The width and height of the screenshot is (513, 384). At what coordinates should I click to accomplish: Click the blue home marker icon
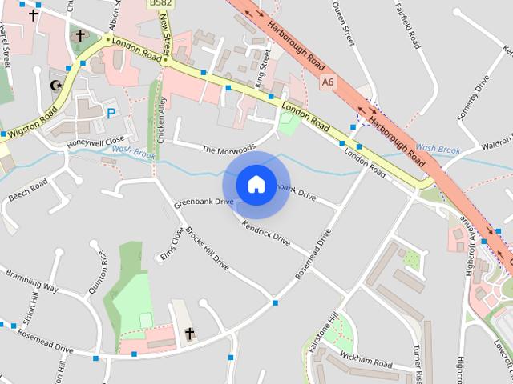coord(256,184)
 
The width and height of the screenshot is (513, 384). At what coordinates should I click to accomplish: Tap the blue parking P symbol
coord(111,113)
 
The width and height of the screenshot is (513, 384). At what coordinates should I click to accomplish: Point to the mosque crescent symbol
coord(55,85)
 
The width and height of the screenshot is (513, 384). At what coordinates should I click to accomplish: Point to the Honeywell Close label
coord(96,141)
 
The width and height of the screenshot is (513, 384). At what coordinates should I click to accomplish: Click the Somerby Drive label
coord(473,97)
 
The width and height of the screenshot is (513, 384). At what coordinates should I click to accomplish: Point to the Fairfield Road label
coord(407,25)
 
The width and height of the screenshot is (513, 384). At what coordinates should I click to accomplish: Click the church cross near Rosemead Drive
coord(190,333)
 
